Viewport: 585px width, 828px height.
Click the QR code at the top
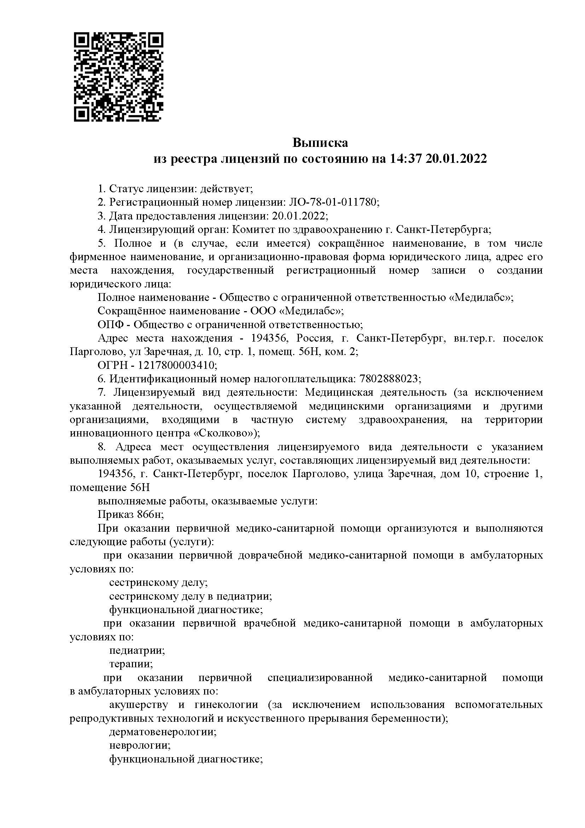[x=118, y=77]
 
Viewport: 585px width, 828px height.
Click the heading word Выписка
[x=320, y=143]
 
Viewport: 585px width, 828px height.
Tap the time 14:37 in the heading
[x=405, y=159]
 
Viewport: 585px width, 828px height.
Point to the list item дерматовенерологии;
[x=163, y=732]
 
